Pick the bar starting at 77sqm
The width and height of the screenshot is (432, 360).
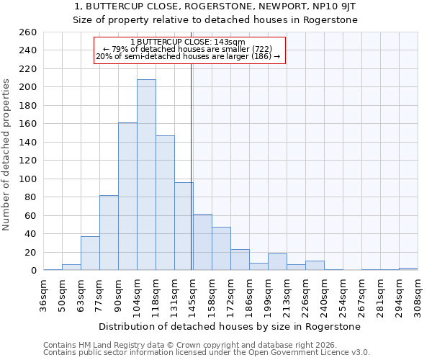(109, 233)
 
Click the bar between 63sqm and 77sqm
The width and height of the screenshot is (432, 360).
(90, 253)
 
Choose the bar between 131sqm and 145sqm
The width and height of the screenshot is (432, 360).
(184, 226)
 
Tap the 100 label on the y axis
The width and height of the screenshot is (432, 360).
(27, 179)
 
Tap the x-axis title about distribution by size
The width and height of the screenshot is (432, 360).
(230, 327)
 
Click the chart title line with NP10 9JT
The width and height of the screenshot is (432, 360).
(215, 6)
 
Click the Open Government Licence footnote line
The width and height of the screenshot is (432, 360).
(207, 353)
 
